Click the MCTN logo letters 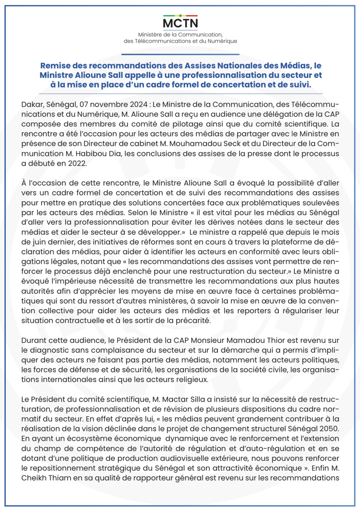point(180,23)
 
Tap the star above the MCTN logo point(180,15)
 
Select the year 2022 point(77,163)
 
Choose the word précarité point(194,321)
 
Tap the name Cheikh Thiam point(46,478)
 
